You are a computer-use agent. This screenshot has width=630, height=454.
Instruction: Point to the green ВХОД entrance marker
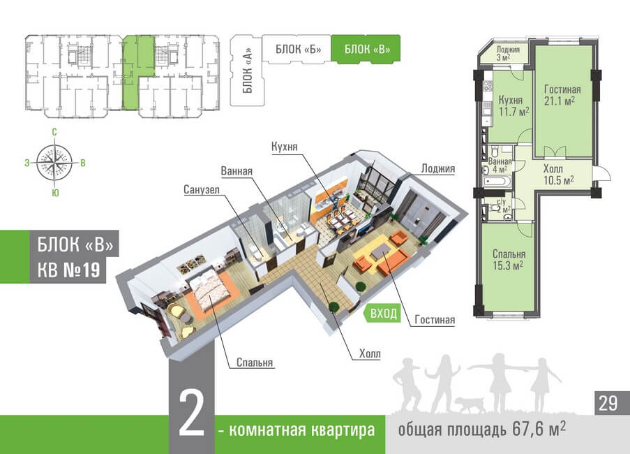[383, 314]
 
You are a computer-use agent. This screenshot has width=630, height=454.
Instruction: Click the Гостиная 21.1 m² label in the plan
[562, 94]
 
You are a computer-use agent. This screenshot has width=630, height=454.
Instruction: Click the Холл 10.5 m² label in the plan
[557, 174]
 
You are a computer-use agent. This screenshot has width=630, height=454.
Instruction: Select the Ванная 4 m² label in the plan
[501, 165]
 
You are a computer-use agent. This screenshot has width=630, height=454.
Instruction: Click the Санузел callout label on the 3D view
[202, 189]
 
